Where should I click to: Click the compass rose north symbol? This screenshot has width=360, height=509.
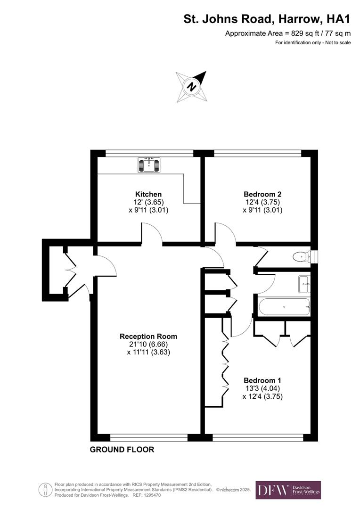pos(192,86)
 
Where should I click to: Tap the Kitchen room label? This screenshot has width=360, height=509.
pos(148,194)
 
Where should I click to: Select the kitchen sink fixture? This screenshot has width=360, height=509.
pos(149,164)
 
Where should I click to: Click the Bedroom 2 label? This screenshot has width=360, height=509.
pos(262,194)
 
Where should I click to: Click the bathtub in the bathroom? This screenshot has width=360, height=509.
pos(284,307)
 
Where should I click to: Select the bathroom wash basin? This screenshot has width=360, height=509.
pos(304,283)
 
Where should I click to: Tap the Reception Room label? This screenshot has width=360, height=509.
pos(148,337)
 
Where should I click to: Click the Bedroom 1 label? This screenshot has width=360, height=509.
pos(262,380)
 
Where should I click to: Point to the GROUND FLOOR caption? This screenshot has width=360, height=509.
pos(122,450)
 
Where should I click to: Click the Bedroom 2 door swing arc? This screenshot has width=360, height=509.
pos(226,233)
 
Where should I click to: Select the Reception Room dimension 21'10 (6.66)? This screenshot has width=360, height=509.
pos(148,345)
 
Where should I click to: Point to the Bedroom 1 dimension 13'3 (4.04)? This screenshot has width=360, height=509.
pos(262,388)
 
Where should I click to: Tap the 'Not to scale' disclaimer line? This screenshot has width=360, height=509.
pos(313,43)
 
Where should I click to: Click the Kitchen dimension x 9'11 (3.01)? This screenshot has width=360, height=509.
pos(148,210)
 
